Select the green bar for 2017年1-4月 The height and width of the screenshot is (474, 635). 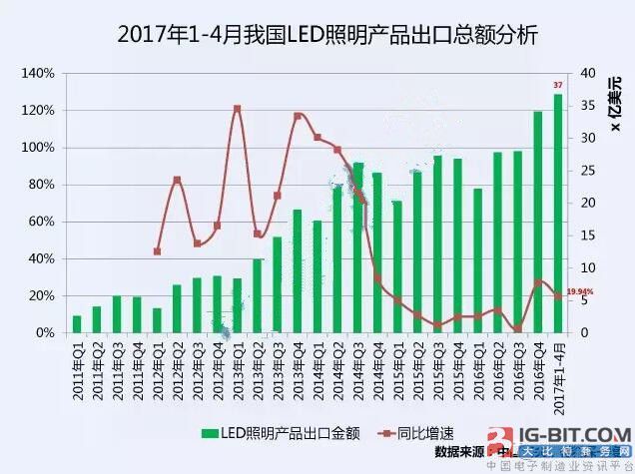[558, 214]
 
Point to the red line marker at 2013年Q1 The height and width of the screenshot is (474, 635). [237, 108]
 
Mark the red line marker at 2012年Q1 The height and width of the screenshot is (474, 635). [157, 251]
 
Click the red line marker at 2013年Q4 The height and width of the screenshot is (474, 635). [298, 116]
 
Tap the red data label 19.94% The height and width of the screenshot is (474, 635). [580, 291]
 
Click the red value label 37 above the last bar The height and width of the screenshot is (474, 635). [559, 85]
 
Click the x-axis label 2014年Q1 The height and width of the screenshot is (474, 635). [317, 371]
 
